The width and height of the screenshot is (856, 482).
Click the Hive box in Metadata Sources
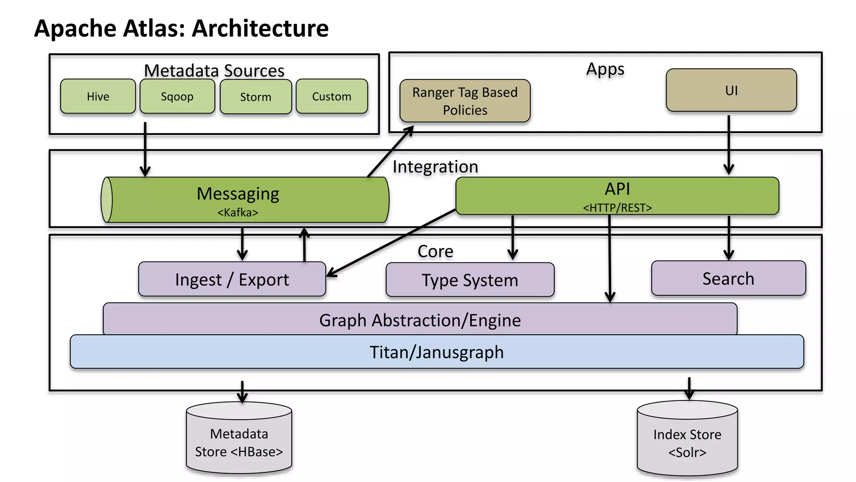click(x=98, y=96)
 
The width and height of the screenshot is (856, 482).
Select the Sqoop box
click(x=177, y=96)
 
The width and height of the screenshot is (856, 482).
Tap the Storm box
click(x=256, y=97)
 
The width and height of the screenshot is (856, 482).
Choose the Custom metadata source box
click(x=332, y=96)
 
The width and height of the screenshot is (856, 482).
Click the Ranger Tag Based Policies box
click(x=465, y=101)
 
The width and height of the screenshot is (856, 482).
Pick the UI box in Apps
click(x=731, y=90)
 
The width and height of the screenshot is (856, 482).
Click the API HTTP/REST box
click(x=617, y=196)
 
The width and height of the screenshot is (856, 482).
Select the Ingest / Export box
click(x=232, y=279)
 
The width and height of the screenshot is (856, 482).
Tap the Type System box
click(x=470, y=280)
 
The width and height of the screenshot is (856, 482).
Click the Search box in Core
click(x=728, y=279)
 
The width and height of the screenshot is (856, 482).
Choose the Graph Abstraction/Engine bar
click(x=420, y=320)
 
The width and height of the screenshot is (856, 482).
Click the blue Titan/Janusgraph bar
click(x=436, y=352)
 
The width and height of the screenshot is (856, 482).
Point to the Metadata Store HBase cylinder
click(x=239, y=441)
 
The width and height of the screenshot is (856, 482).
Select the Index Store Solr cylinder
click(x=687, y=442)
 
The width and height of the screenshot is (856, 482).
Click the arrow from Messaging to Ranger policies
click(x=390, y=151)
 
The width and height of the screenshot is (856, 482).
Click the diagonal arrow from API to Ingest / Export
click(x=391, y=243)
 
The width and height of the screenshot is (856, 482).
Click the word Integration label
click(x=435, y=167)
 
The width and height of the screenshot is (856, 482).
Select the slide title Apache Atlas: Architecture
click(x=181, y=28)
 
